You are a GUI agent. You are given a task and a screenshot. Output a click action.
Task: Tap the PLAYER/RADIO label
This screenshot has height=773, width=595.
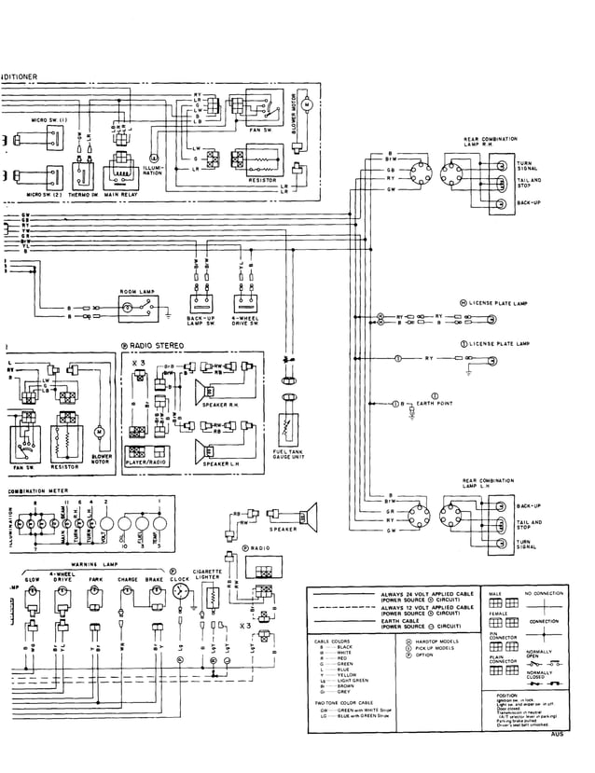click(146, 462)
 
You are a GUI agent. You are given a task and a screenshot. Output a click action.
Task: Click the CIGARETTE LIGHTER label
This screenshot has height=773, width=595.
click(207, 575)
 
